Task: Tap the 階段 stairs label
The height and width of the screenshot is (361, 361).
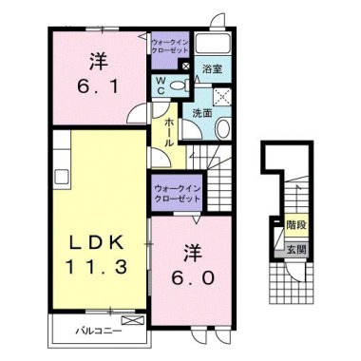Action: (296, 226)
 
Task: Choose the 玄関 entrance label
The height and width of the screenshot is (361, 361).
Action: (296, 249)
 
